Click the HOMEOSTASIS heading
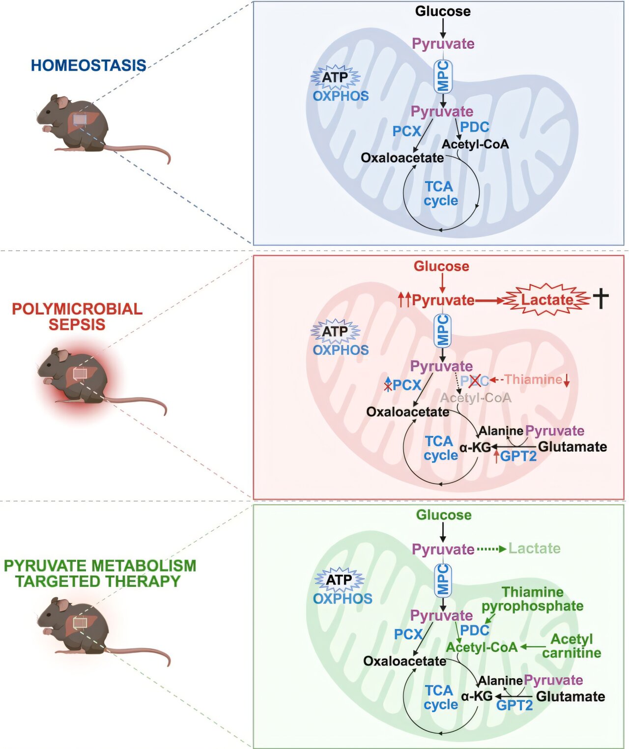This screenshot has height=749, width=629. pos(88,65)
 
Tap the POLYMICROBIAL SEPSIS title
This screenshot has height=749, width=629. pos(77,317)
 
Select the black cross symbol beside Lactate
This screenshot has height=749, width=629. pos(600,298)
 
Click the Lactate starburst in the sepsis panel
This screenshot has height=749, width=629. pos(547,299)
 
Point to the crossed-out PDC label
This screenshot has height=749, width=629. pos(474,380)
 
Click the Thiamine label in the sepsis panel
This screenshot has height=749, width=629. pos(533,379)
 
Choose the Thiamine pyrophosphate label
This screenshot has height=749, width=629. pos(533,599)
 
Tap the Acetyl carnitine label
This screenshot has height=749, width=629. pos(572,646)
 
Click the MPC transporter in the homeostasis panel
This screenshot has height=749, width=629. pos(443,76)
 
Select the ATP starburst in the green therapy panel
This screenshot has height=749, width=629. pos(339,580)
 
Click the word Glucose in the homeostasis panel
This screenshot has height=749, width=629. pos(443,11)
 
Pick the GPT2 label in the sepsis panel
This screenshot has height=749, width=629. pos(518,456)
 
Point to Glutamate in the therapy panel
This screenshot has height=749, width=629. pos(571,696)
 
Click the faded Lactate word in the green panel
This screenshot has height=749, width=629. pos(534,548)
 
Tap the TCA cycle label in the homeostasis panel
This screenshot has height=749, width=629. pos(441,194)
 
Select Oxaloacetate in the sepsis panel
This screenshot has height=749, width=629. pos(407,412)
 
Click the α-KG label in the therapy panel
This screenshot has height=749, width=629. pos(477,696)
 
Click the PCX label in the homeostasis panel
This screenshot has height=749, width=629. pos(407,131)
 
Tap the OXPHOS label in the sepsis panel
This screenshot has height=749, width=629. pos(341,350)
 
